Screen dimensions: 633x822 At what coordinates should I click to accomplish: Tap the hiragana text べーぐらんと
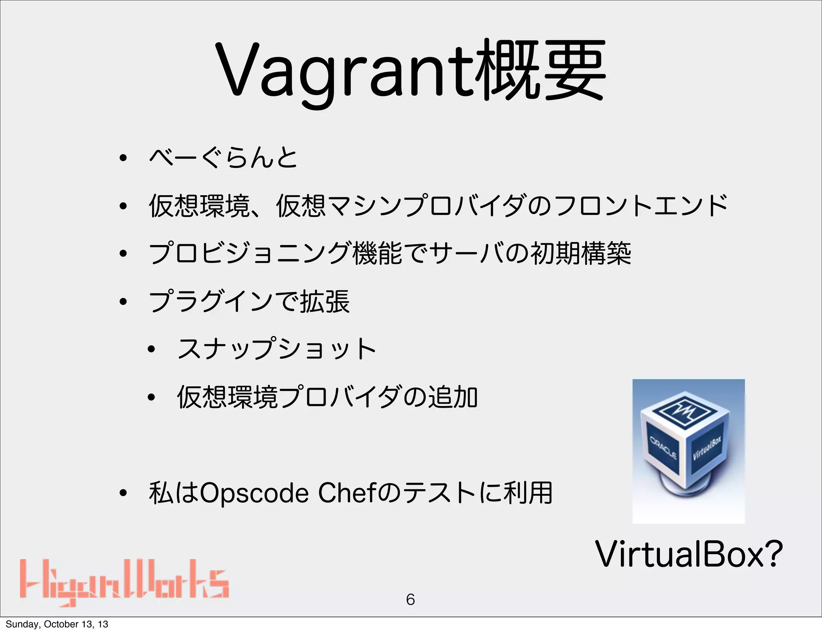click(x=223, y=157)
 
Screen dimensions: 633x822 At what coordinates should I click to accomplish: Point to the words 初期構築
click(x=581, y=254)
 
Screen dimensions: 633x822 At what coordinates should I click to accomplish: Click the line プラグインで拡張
click(x=249, y=302)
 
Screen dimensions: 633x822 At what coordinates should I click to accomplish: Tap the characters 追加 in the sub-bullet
click(x=453, y=397)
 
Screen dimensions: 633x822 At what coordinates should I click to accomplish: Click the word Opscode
click(x=254, y=494)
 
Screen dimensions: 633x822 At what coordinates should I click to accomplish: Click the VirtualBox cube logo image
click(x=688, y=451)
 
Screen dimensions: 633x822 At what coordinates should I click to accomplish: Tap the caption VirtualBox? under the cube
click(x=689, y=555)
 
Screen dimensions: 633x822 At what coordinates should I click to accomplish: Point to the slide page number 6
click(x=410, y=600)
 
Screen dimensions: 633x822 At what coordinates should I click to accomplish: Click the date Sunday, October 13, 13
click(x=57, y=624)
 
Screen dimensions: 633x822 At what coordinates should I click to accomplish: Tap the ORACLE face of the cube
click(x=663, y=447)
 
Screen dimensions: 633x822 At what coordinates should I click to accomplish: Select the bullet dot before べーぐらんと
click(x=123, y=158)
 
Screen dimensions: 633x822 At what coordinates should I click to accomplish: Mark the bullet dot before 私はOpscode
click(x=123, y=494)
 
